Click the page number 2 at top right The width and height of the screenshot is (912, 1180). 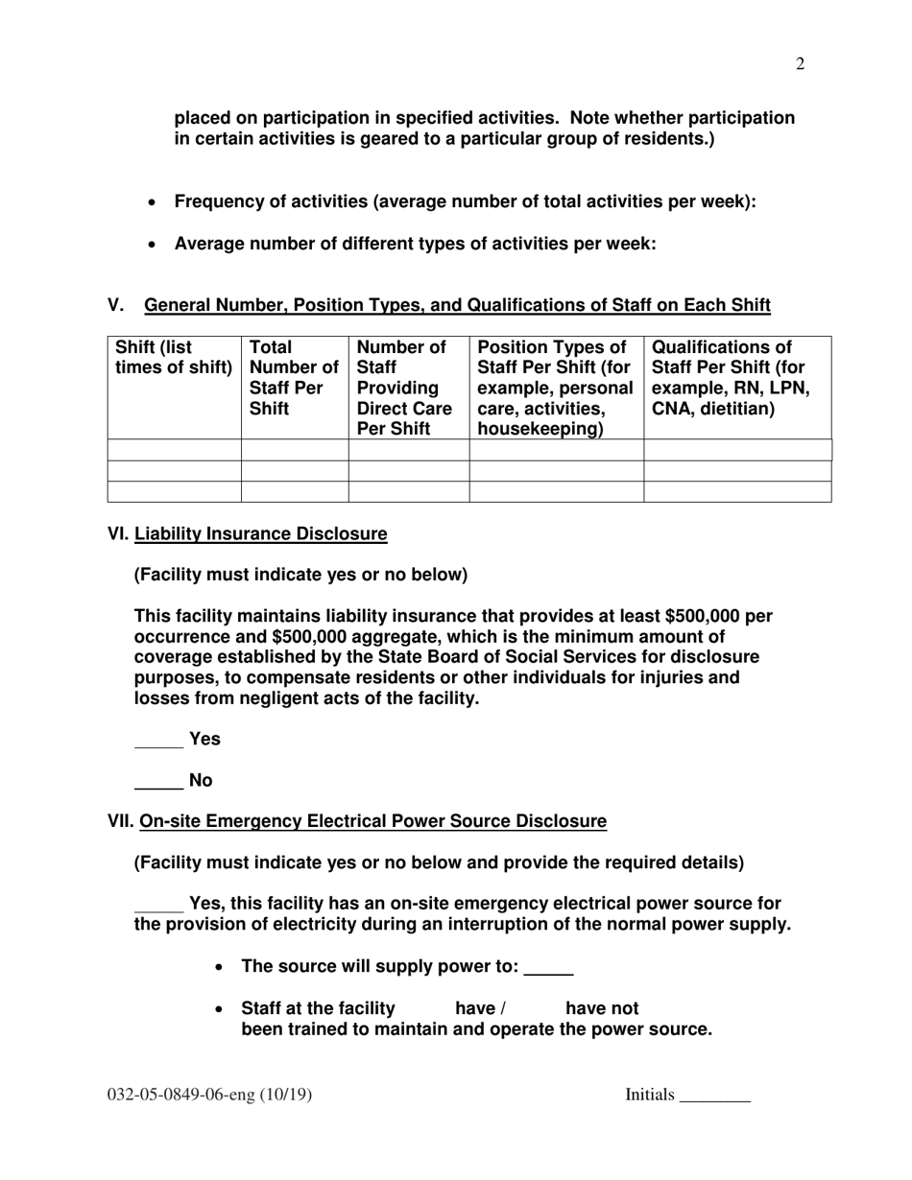point(800,64)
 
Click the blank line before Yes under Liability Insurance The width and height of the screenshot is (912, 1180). point(158,744)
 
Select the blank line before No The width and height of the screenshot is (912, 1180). point(158,787)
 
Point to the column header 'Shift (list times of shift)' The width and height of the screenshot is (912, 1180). point(174,358)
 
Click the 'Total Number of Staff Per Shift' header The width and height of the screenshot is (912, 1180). point(294,378)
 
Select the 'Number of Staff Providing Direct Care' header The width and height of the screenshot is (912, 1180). point(408,388)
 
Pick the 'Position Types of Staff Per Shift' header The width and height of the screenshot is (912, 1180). point(555,388)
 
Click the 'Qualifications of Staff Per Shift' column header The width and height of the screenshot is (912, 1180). point(730,378)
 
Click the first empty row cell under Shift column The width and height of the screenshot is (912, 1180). point(174,450)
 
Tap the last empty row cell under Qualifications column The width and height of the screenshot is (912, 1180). point(736,492)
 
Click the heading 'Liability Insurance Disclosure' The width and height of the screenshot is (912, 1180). point(261,533)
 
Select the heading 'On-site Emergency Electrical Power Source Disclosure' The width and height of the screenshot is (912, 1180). point(373,821)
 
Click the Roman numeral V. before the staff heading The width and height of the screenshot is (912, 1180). point(116,306)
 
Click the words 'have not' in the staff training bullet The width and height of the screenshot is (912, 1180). point(602,1008)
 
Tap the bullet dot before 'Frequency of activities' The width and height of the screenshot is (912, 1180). point(153,203)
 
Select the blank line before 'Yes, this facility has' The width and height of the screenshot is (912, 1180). point(158,909)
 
